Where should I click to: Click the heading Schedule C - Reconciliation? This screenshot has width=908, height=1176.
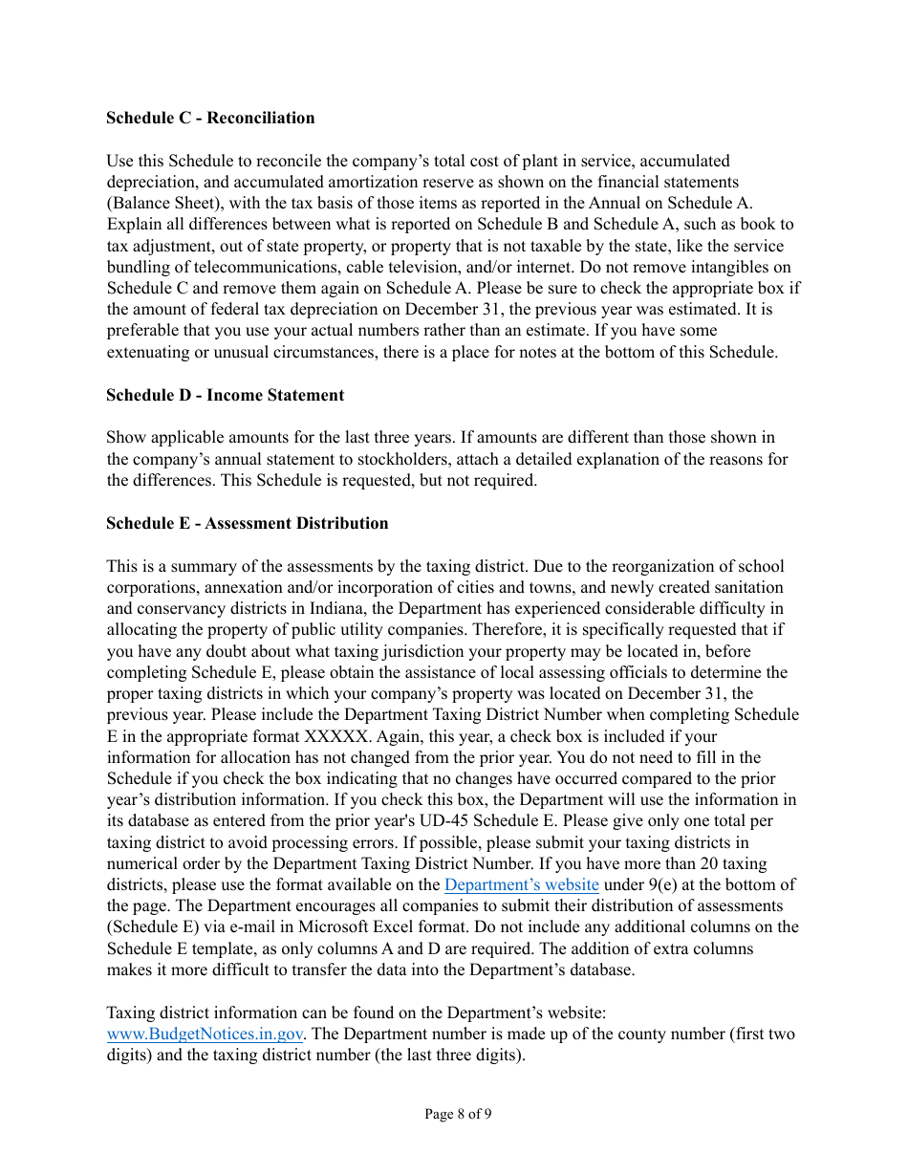tap(210, 119)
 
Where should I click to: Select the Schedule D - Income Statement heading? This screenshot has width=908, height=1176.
tap(225, 395)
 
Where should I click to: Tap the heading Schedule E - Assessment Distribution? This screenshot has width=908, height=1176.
tap(247, 523)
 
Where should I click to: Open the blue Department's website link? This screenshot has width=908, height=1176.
tap(522, 884)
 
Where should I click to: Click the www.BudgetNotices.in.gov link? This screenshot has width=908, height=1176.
tap(205, 1034)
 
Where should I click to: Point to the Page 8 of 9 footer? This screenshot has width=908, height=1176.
tap(458, 1114)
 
